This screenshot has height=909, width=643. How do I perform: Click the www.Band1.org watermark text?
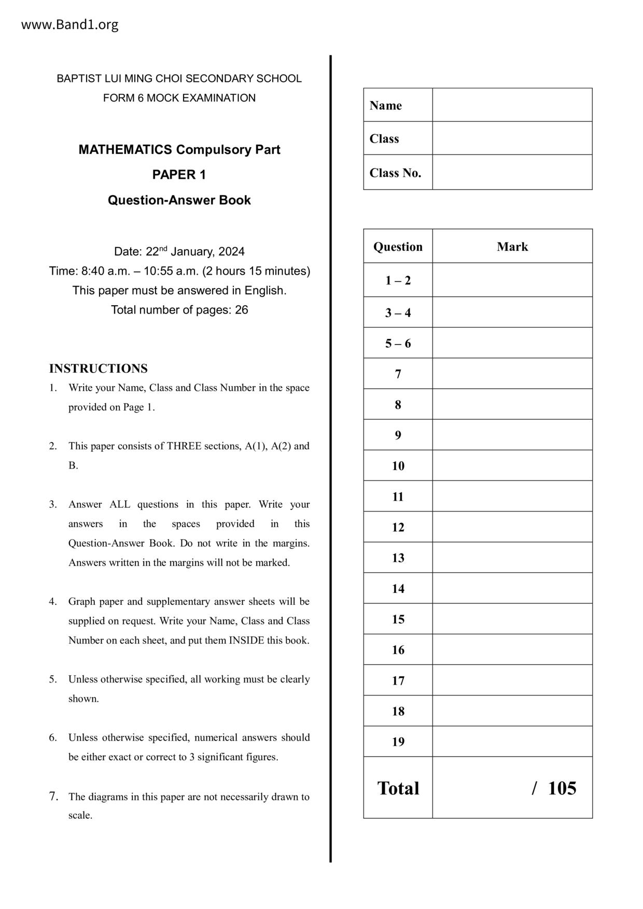tap(69, 25)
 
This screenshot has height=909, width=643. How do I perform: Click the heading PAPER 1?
tap(179, 175)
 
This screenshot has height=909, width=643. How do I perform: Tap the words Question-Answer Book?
tap(179, 200)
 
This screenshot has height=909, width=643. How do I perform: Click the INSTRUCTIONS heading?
tap(98, 368)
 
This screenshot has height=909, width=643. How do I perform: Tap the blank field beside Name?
tap(512, 105)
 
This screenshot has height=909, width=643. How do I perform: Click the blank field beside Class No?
tap(512, 173)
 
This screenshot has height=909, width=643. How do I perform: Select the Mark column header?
tap(512, 247)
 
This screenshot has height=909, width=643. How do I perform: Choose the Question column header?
tap(398, 247)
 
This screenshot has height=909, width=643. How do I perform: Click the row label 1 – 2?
tap(398, 280)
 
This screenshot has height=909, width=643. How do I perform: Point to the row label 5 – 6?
tap(398, 344)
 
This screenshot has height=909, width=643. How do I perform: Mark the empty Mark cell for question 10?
tap(512, 466)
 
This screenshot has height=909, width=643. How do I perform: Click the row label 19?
tap(398, 742)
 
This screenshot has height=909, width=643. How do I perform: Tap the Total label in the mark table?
tap(398, 788)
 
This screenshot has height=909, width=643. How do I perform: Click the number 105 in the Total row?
tap(562, 788)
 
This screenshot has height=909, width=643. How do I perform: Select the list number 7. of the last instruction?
tap(53, 796)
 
